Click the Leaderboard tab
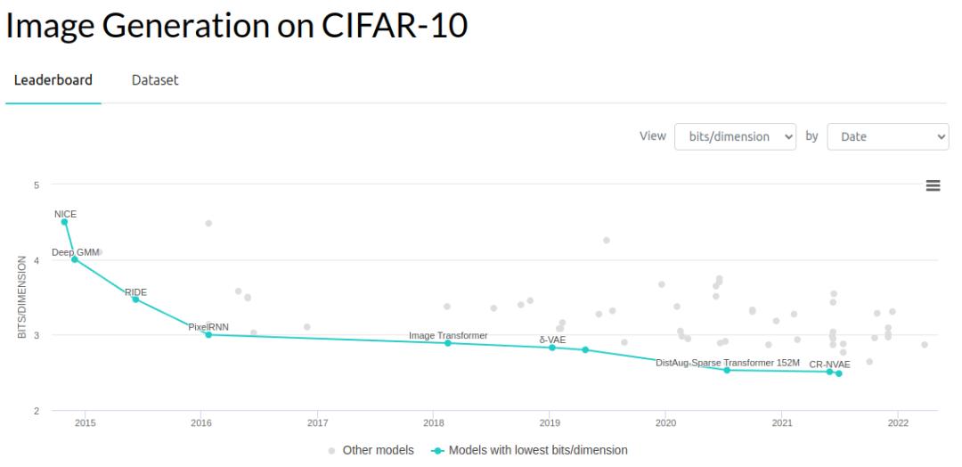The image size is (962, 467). point(53,80)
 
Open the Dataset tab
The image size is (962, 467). point(155,80)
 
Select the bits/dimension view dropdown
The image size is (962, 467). point(736,136)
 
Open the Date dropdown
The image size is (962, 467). point(888,136)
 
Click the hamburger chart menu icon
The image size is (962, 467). point(933,185)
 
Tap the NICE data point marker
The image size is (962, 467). point(64,222)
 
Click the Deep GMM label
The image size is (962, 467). point(76,252)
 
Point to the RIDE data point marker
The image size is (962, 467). point(135,299)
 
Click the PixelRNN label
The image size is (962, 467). point(208,327)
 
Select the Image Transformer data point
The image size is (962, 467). point(447,343)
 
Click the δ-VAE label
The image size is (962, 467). point(552,340)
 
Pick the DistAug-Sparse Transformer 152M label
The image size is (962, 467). point(728,363)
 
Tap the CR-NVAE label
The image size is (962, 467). point(829,365)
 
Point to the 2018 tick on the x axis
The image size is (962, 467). point(434,423)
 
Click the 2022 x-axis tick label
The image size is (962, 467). point(898,423)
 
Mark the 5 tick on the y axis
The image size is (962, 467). point(37,185)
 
